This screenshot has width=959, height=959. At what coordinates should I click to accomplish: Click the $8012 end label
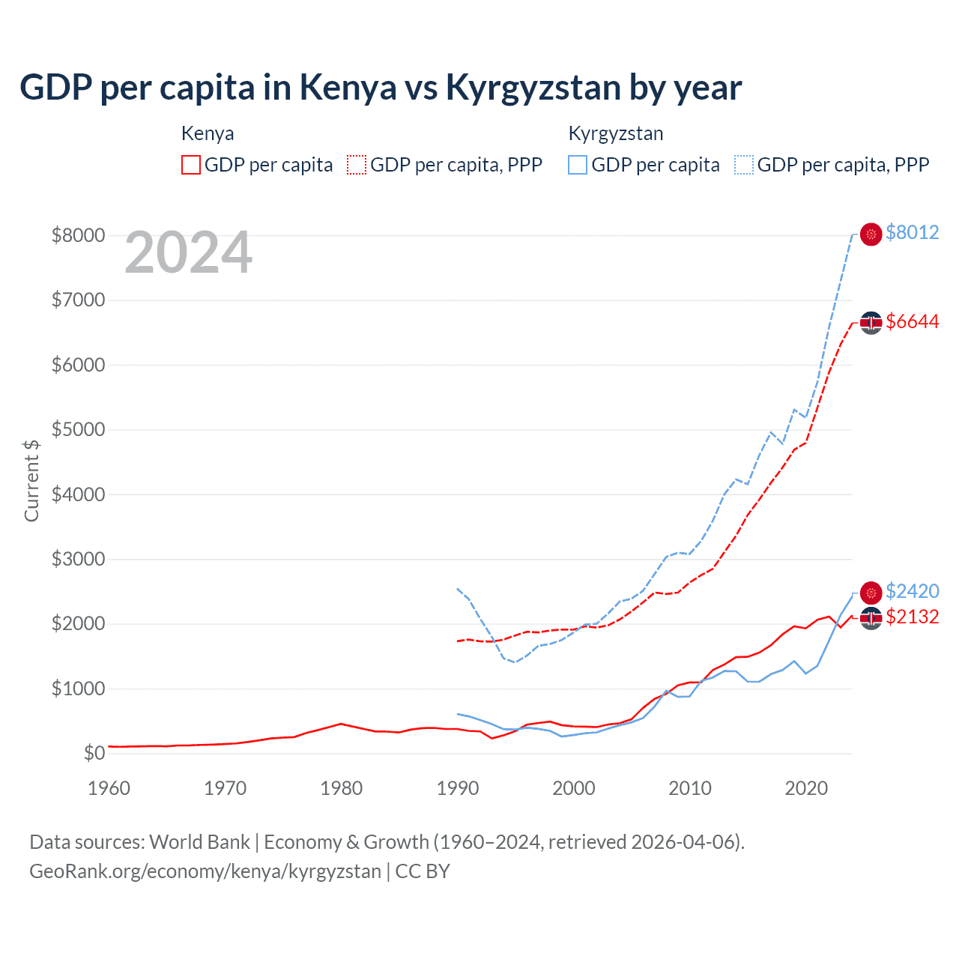point(912,232)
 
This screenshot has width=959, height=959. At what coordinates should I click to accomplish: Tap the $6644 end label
point(912,321)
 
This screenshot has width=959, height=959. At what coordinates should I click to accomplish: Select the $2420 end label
point(912,591)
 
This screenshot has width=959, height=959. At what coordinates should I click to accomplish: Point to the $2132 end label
point(912,617)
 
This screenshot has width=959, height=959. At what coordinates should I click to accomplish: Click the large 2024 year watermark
point(188,252)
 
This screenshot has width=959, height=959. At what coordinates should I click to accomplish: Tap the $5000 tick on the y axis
point(78,429)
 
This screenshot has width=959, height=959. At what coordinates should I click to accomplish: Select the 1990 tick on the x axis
point(457,788)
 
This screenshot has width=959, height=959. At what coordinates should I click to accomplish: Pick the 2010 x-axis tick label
point(689,788)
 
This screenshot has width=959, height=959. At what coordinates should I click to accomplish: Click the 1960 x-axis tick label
point(109,788)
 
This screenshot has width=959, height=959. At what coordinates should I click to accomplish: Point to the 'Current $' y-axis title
point(31,480)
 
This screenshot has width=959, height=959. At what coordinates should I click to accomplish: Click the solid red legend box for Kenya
point(191,165)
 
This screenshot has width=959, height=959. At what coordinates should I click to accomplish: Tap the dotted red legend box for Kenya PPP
point(357,165)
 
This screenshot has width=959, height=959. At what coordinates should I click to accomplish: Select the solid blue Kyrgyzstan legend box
point(578,165)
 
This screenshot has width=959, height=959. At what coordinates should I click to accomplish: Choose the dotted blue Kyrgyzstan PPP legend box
point(744,165)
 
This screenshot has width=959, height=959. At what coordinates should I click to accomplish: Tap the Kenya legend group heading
point(208,133)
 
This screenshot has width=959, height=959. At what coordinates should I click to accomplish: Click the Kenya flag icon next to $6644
point(871,322)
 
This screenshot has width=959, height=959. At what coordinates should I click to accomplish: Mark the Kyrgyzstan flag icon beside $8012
point(871,235)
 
